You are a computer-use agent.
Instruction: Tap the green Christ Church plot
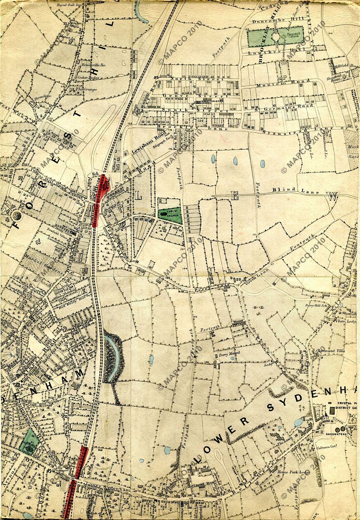point(170,214)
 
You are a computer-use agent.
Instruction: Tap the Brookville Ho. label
point(91,64)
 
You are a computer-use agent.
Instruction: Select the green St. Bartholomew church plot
point(28,442)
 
